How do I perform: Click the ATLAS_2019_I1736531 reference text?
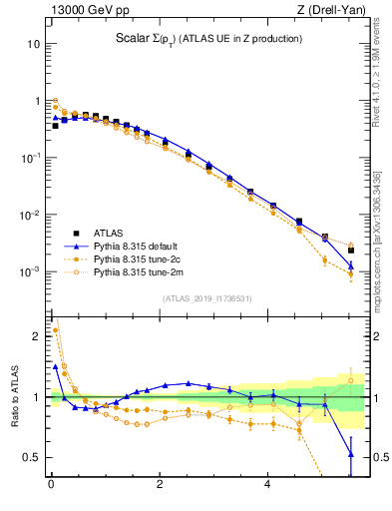click(x=206, y=297)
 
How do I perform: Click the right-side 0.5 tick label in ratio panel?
click(x=374, y=457)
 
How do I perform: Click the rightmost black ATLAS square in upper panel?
click(x=351, y=250)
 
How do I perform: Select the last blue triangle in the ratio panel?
click(x=351, y=454)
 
